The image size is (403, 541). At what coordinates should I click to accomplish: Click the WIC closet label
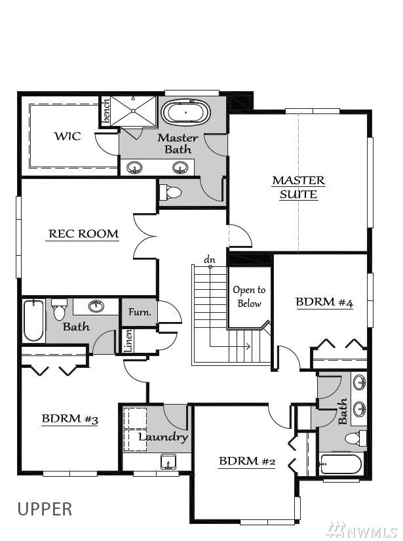tap(67, 136)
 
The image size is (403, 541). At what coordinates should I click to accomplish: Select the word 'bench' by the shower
tap(106, 110)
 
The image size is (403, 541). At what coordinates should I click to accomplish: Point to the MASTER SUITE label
tap(299, 188)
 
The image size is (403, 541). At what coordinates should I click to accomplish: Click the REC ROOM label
tap(83, 233)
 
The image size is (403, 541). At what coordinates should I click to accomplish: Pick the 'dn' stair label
tap(209, 260)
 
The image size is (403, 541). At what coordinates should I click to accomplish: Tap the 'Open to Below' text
tap(249, 296)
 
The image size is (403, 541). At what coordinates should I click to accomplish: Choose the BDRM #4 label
tap(324, 302)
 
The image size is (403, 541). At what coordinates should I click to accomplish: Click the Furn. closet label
tap(140, 312)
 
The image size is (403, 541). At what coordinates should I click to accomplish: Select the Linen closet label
tap(128, 341)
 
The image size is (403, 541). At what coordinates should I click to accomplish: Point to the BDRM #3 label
tap(70, 418)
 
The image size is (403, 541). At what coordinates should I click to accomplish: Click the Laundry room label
tap(163, 437)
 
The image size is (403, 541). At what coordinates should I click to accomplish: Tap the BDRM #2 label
tap(247, 461)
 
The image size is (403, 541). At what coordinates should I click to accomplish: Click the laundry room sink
tap(168, 462)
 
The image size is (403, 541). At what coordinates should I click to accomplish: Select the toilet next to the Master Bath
tap(170, 192)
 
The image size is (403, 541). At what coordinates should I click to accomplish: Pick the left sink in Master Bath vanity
tap(134, 168)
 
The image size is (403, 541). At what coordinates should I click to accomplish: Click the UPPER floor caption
tap(45, 510)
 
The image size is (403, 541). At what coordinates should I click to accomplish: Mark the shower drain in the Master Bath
tap(133, 111)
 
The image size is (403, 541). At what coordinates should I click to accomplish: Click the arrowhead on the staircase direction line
tap(248, 346)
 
